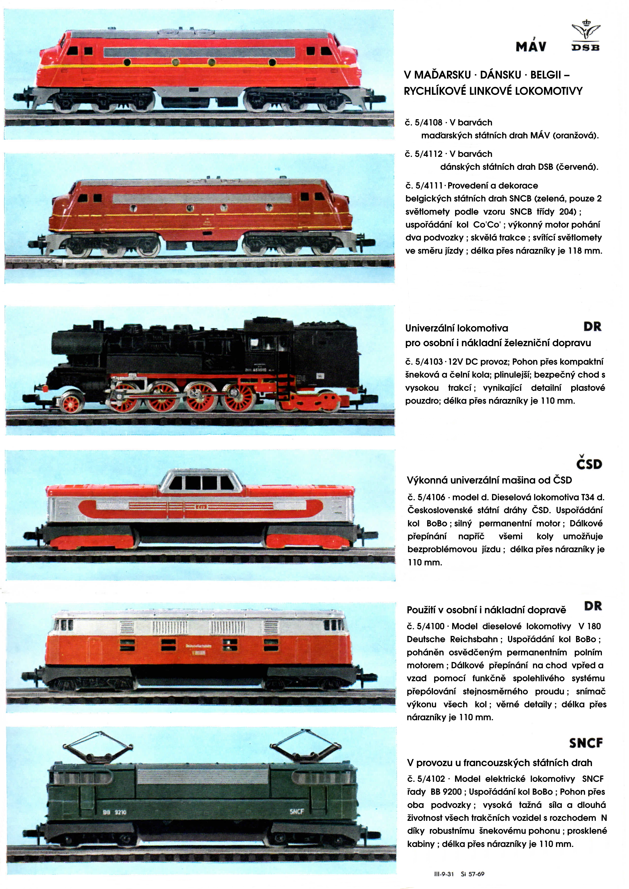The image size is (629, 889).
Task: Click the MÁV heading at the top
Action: pyautogui.click(x=531, y=46)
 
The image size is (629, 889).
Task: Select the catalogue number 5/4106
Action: pyautogui.click(x=431, y=497)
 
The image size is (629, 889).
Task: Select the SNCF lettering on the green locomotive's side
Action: pyautogui.click(x=296, y=811)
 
